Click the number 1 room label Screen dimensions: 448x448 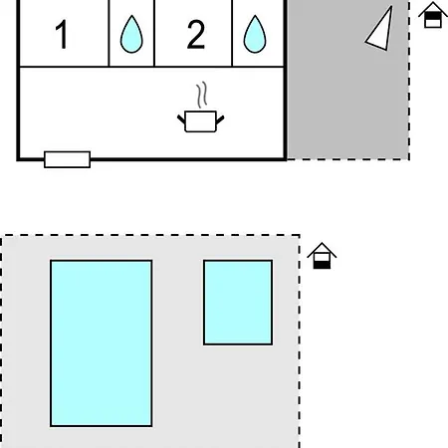tap(63, 34)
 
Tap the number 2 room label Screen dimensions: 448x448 tap(196, 34)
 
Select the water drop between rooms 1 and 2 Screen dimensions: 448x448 tap(131, 34)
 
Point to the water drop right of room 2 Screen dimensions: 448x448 tap(255, 34)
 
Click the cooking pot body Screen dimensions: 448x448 tap(200, 121)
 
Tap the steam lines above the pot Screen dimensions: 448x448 tap(202, 95)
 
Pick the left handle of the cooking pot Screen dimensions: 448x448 tap(181, 119)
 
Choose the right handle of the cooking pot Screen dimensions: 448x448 tap(220, 119)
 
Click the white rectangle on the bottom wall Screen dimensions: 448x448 tap(68, 159)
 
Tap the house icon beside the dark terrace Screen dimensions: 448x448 tap(433, 15)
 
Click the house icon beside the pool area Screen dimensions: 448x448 tap(322, 256)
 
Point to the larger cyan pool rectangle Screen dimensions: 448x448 tap(102, 343)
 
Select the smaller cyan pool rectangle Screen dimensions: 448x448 tap(238, 303)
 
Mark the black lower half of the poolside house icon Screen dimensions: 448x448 tap(322, 265)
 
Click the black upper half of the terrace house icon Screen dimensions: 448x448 tap(433, 16)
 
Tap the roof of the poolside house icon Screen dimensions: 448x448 tap(322, 250)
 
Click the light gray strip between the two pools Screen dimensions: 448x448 tap(178, 343)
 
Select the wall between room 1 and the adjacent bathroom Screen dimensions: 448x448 tap(109, 33)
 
